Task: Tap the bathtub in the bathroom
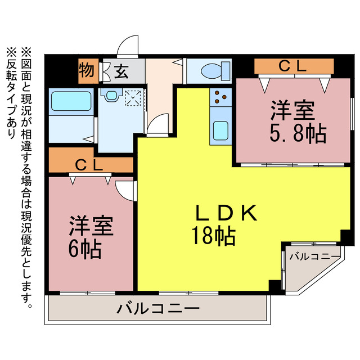71,102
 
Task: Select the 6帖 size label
85,248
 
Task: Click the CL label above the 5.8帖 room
292,66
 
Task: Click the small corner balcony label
314,256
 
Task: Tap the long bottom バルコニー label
158,309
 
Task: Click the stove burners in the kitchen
220,98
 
